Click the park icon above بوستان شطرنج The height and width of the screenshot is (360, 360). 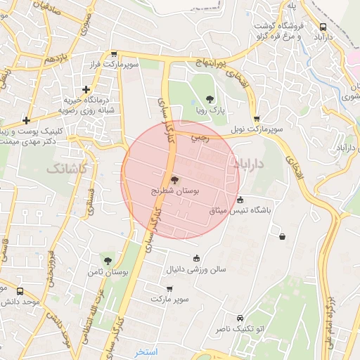[x=174, y=180]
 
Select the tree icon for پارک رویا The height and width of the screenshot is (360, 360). [x=209, y=100]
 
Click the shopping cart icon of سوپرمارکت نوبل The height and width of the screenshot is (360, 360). [x=256, y=119]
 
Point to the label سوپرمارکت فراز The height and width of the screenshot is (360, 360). [x=139, y=64]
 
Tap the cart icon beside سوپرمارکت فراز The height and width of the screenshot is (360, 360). [x=113, y=53]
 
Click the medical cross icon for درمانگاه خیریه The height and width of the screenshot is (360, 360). [x=86, y=89]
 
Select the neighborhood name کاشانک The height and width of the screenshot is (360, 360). [x=67, y=169]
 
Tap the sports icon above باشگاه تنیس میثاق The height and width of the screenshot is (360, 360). [x=240, y=199]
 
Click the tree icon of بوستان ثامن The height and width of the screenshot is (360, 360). [x=107, y=261]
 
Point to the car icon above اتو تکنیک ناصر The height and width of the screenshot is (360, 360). [x=240, y=317]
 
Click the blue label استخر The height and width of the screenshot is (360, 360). [x=148, y=350]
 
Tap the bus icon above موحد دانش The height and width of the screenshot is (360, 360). [x=20, y=290]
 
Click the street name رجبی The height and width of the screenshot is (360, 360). [x=200, y=139]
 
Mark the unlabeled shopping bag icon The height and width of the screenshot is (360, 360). [x=282, y=236]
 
